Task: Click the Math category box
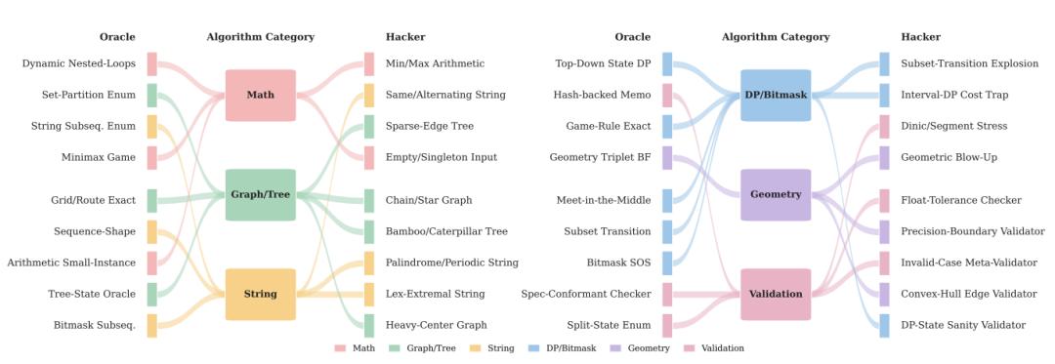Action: (x=261, y=96)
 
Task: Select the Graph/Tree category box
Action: (x=261, y=195)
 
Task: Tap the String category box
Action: (x=261, y=294)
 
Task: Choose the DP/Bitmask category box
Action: (x=776, y=96)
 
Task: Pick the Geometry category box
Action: (x=776, y=195)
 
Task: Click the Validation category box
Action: (x=776, y=294)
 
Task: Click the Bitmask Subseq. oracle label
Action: (x=95, y=325)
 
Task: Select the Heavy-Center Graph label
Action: (x=436, y=325)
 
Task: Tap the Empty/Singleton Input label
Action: (x=442, y=158)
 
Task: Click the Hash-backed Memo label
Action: (x=602, y=95)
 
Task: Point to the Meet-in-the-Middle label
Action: (x=604, y=200)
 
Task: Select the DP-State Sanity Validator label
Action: (x=963, y=325)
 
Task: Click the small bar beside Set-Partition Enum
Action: (x=152, y=96)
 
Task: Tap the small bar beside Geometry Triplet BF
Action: (x=667, y=158)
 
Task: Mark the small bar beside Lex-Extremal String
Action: (x=368, y=294)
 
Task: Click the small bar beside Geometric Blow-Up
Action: (x=884, y=158)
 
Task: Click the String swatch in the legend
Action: (x=474, y=348)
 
